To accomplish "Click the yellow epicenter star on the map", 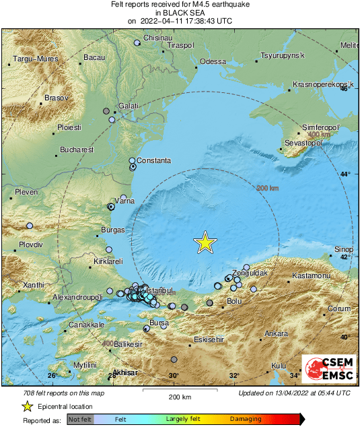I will tap(205, 242).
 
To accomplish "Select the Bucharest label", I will tap(75, 150).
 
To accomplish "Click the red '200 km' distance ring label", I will tap(268, 189).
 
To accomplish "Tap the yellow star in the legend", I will tap(27, 406).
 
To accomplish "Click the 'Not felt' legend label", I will tap(80, 419).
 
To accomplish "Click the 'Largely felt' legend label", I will tap(183, 419).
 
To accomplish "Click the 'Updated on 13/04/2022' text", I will tap(294, 393).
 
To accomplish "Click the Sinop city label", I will tap(343, 250).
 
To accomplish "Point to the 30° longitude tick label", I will tap(174, 376).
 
